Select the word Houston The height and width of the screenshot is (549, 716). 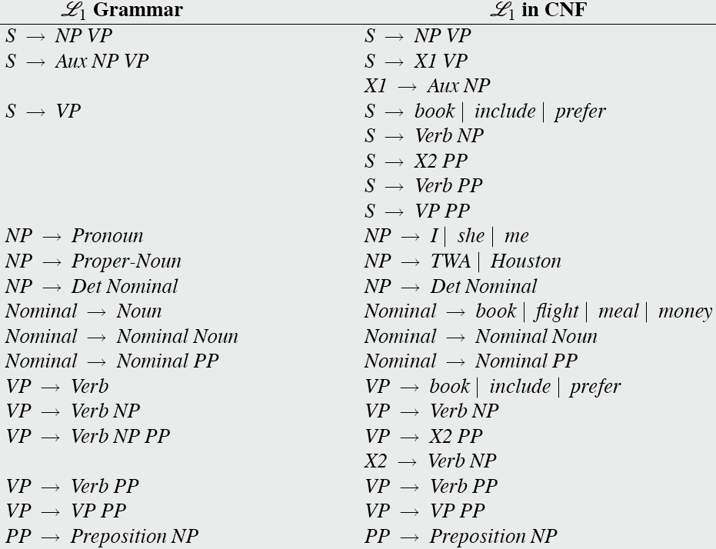pyautogui.click(x=525, y=261)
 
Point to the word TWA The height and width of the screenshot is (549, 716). pyautogui.click(x=450, y=261)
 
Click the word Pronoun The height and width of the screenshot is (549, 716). pyautogui.click(x=107, y=236)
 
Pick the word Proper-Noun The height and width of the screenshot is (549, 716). pyautogui.click(x=126, y=261)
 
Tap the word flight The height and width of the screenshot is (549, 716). pyautogui.click(x=557, y=311)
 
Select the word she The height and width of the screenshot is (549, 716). pyautogui.click(x=471, y=236)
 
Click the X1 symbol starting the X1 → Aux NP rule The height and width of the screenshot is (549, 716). pyautogui.click(x=375, y=86)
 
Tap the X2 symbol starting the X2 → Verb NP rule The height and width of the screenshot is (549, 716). pyautogui.click(x=375, y=461)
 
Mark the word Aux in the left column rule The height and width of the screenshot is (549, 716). pyautogui.click(x=71, y=62)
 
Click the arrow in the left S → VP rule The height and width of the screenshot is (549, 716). pyautogui.click(x=35, y=112)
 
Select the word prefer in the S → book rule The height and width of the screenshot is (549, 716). pyautogui.click(x=580, y=111)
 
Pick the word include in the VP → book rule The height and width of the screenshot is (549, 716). pyautogui.click(x=519, y=387)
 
